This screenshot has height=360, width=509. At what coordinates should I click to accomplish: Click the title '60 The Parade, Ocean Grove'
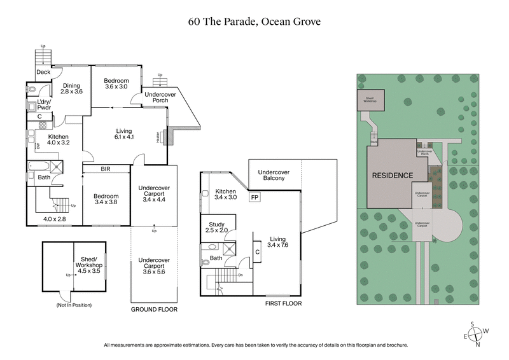pyautogui.click(x=254, y=21)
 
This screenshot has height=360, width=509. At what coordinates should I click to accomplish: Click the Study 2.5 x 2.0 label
pyautogui.click(x=218, y=227)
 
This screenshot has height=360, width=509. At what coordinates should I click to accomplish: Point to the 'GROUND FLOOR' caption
pyautogui.click(x=154, y=309)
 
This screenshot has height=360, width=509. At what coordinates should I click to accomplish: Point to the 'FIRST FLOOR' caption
pyautogui.click(x=284, y=304)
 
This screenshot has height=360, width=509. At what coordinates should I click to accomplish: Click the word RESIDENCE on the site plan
pyautogui.click(x=393, y=176)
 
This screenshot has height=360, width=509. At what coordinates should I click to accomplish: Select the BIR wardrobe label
pyautogui.click(x=106, y=170)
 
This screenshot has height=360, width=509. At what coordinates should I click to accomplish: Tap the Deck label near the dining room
pyautogui.click(x=43, y=72)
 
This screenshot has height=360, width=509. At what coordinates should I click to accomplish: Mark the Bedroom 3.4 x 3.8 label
pyautogui.click(x=106, y=199)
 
